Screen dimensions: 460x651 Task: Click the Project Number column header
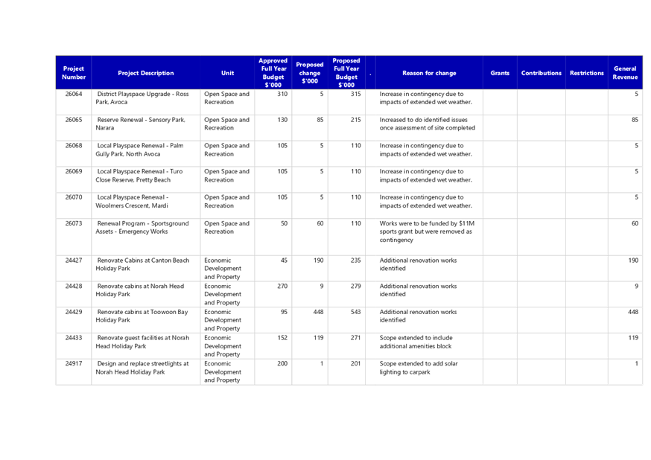click(74, 73)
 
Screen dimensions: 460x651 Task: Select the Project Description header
click(146, 73)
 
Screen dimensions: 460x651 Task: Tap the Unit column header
click(227, 73)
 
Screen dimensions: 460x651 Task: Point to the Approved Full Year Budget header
click(273, 73)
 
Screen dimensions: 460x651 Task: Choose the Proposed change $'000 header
click(309, 73)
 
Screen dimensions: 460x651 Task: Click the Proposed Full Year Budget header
click(346, 73)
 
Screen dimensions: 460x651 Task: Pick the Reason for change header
click(429, 73)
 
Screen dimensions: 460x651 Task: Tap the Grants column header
click(500, 73)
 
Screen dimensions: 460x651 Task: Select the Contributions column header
click(542, 73)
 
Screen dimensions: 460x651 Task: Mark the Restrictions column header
click(587, 73)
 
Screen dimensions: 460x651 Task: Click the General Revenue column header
click(625, 73)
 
